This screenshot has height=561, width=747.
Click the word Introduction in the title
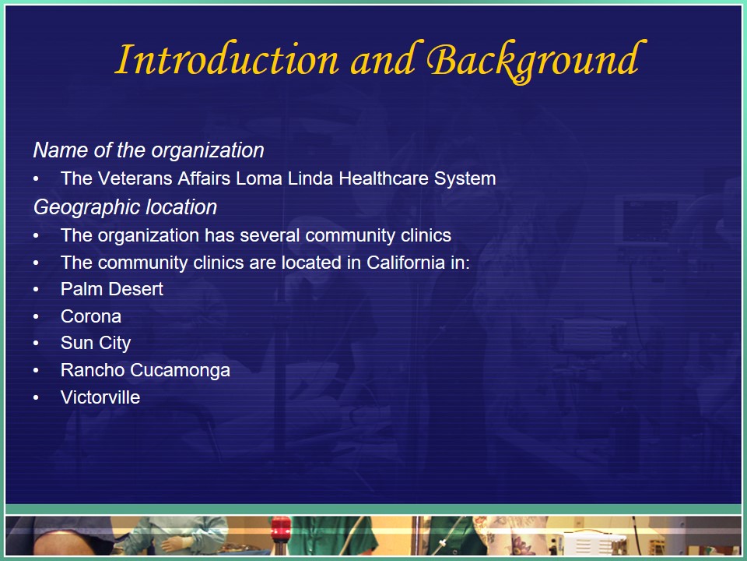coord(226,59)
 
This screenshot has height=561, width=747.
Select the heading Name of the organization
coord(149,150)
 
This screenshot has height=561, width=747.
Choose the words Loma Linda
coord(285,178)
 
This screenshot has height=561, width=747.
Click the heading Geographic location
coord(125,207)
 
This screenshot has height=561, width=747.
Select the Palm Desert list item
coord(111,289)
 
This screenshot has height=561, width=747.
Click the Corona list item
coord(90,316)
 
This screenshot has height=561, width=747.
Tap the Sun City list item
coord(95,343)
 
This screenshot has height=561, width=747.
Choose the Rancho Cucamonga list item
coord(146,370)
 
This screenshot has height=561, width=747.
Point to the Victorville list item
coord(100,397)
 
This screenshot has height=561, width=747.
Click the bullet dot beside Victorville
coord(37,397)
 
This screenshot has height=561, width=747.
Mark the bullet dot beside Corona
coord(37,316)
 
